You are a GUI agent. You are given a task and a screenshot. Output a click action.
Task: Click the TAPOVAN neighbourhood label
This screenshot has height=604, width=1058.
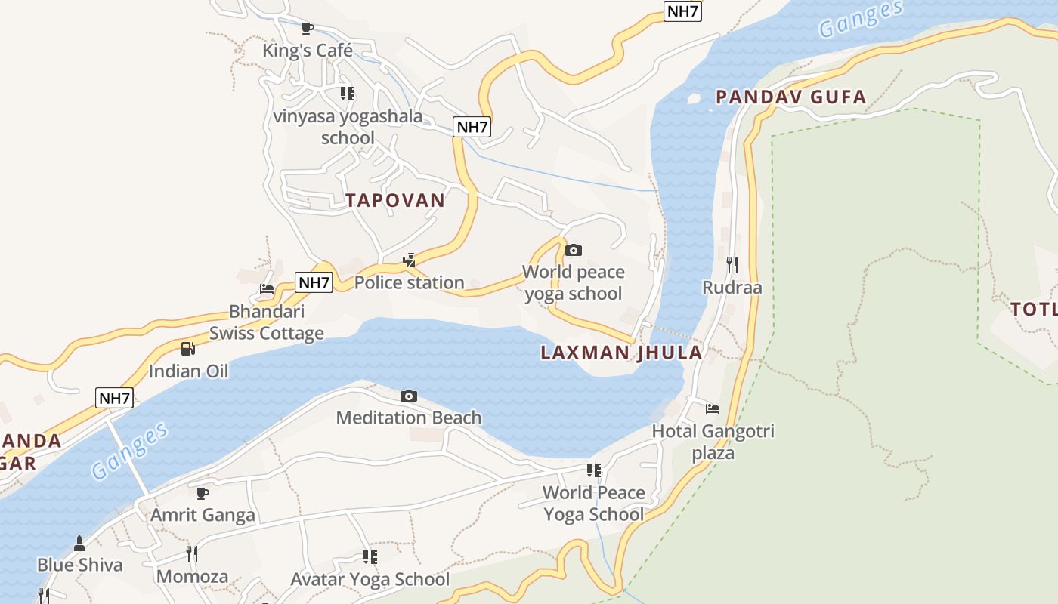(x=395, y=200)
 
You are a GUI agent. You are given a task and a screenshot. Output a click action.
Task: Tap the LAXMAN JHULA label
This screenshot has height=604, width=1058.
(x=621, y=353)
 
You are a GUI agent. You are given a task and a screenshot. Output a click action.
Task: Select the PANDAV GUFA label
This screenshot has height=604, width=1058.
(x=790, y=97)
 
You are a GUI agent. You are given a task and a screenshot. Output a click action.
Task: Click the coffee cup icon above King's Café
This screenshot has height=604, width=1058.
(x=307, y=29)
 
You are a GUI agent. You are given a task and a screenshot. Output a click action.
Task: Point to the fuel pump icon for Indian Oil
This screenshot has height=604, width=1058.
(x=187, y=349)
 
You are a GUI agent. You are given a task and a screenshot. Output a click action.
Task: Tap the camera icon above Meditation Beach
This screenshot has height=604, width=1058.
(x=408, y=396)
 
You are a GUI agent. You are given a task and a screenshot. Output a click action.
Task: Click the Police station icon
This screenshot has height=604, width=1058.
(x=409, y=260)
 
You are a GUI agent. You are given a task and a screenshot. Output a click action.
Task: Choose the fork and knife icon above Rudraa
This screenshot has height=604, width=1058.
(x=732, y=265)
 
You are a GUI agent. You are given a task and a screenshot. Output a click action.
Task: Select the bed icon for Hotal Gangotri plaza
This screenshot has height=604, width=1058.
(x=713, y=409)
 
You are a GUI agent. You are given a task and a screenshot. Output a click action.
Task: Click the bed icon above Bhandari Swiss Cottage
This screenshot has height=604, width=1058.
(x=266, y=289)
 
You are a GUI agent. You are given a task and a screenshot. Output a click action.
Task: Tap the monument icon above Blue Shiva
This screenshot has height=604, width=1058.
(x=79, y=543)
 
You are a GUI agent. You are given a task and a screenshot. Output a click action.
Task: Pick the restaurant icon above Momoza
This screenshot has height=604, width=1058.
(x=192, y=554)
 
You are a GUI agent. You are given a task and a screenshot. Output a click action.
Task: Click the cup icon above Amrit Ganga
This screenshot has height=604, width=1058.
(x=203, y=493)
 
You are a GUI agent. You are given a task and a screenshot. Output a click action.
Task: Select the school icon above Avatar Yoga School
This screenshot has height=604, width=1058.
(x=370, y=557)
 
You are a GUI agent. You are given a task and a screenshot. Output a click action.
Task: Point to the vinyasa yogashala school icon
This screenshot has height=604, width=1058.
(x=347, y=94)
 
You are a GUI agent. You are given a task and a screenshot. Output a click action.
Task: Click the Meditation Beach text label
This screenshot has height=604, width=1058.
(x=408, y=418)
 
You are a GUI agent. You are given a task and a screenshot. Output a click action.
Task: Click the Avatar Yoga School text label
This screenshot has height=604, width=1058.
(x=370, y=579)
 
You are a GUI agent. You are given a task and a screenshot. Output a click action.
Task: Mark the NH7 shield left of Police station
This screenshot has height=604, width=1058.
(x=314, y=283)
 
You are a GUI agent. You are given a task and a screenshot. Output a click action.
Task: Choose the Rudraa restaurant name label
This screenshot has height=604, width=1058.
(x=732, y=288)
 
